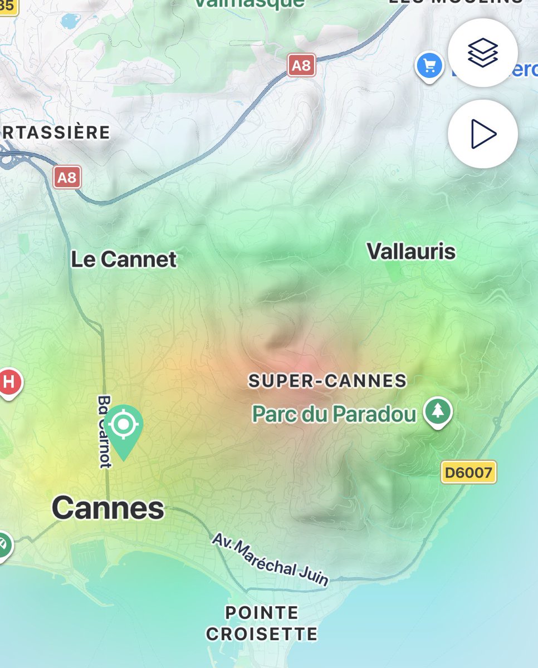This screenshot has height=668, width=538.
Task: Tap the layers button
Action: click(482, 52)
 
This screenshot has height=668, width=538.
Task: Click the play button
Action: click(482, 134)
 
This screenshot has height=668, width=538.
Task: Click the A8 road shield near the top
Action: click(301, 66)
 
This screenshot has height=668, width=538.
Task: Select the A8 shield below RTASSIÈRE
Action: click(67, 178)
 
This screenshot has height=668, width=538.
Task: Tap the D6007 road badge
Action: click(468, 473)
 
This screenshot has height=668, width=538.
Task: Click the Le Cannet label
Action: click(124, 259)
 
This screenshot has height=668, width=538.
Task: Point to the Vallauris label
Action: click(411, 252)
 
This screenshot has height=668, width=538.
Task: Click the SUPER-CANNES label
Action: click(327, 381)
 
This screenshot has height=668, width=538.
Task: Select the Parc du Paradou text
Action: click(334, 414)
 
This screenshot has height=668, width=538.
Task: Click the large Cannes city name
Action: click(108, 508)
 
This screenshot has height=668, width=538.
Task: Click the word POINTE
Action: click(262, 613)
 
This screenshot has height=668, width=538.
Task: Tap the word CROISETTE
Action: click(262, 634)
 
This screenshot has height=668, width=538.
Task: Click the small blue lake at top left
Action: click(70, 21)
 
